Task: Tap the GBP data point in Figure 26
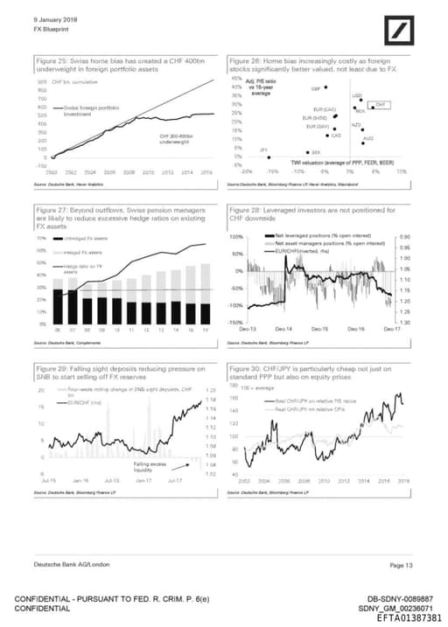point(326,87)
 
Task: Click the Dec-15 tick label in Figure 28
point(325,329)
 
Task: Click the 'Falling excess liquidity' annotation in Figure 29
point(149,467)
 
